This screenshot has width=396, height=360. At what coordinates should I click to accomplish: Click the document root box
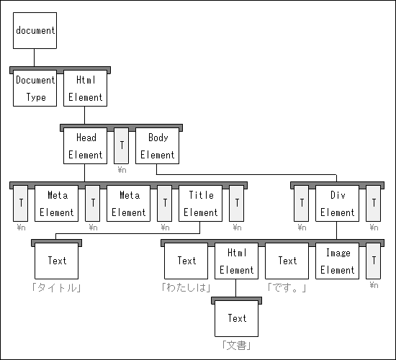coord(35,30)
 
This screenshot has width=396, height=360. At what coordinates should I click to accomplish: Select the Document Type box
coord(35,88)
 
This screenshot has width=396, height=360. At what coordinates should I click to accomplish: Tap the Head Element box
coord(86,145)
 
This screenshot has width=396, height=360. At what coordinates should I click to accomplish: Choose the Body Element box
coord(158,145)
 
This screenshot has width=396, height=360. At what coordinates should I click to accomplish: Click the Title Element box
coord(201,203)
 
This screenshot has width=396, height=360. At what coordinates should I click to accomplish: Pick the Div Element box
coord(337,203)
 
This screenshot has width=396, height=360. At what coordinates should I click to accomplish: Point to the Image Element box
coord(337,261)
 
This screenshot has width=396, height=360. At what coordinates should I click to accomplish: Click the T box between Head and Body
coord(121,145)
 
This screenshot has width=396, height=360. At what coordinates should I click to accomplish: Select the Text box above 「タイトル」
coord(57,261)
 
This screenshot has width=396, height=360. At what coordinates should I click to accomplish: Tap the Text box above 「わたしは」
coord(186,261)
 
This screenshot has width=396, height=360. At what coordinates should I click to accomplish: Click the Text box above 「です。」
coord(287,261)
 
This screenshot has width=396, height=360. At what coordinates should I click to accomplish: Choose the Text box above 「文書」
coord(237,318)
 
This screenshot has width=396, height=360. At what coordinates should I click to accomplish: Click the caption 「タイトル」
coord(57,288)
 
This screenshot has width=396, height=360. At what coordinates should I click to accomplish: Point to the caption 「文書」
coord(237,346)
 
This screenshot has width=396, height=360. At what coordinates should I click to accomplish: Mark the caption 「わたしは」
coord(186,288)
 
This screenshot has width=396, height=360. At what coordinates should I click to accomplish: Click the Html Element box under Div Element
coord(237,261)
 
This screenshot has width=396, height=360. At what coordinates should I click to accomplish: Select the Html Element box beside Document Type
coord(86,88)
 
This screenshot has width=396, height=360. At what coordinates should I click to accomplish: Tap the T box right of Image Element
coord(373,261)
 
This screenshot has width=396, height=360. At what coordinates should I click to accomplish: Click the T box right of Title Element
coord(237,203)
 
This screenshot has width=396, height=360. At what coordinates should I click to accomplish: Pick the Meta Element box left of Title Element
coord(129,203)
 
